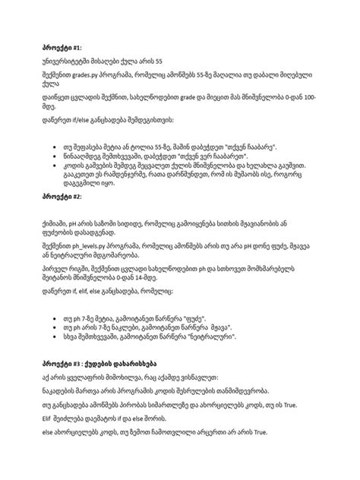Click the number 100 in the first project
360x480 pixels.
click(x=311, y=98)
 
